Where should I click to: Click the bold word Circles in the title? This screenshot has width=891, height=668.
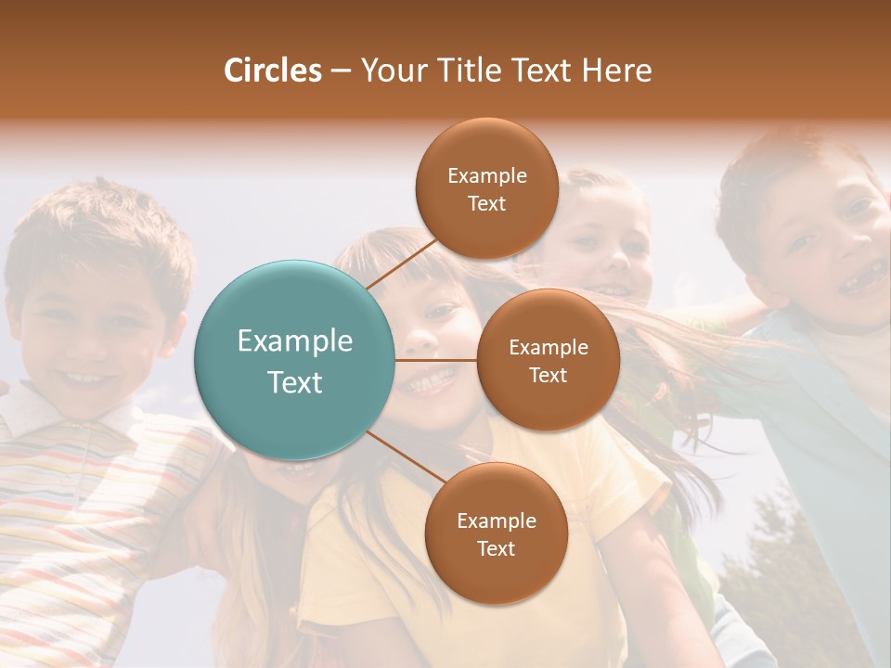272,71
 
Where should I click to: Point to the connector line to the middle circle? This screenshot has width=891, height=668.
436,360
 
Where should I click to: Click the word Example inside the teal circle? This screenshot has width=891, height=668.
295,341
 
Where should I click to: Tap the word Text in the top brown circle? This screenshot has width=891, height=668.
486,203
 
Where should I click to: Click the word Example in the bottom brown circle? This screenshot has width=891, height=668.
496,520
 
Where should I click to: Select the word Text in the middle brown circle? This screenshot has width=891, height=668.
548,375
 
